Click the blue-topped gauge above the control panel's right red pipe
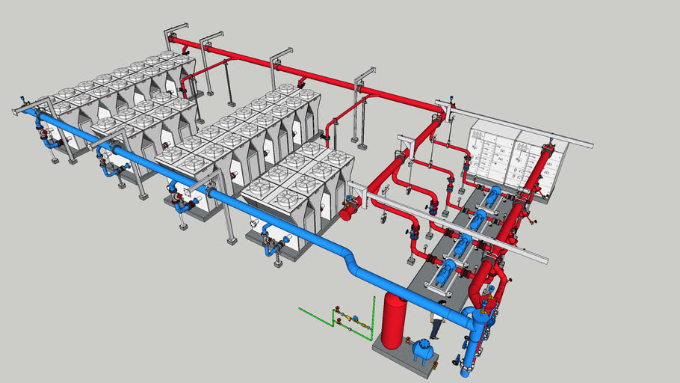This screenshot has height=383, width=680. (551, 141)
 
